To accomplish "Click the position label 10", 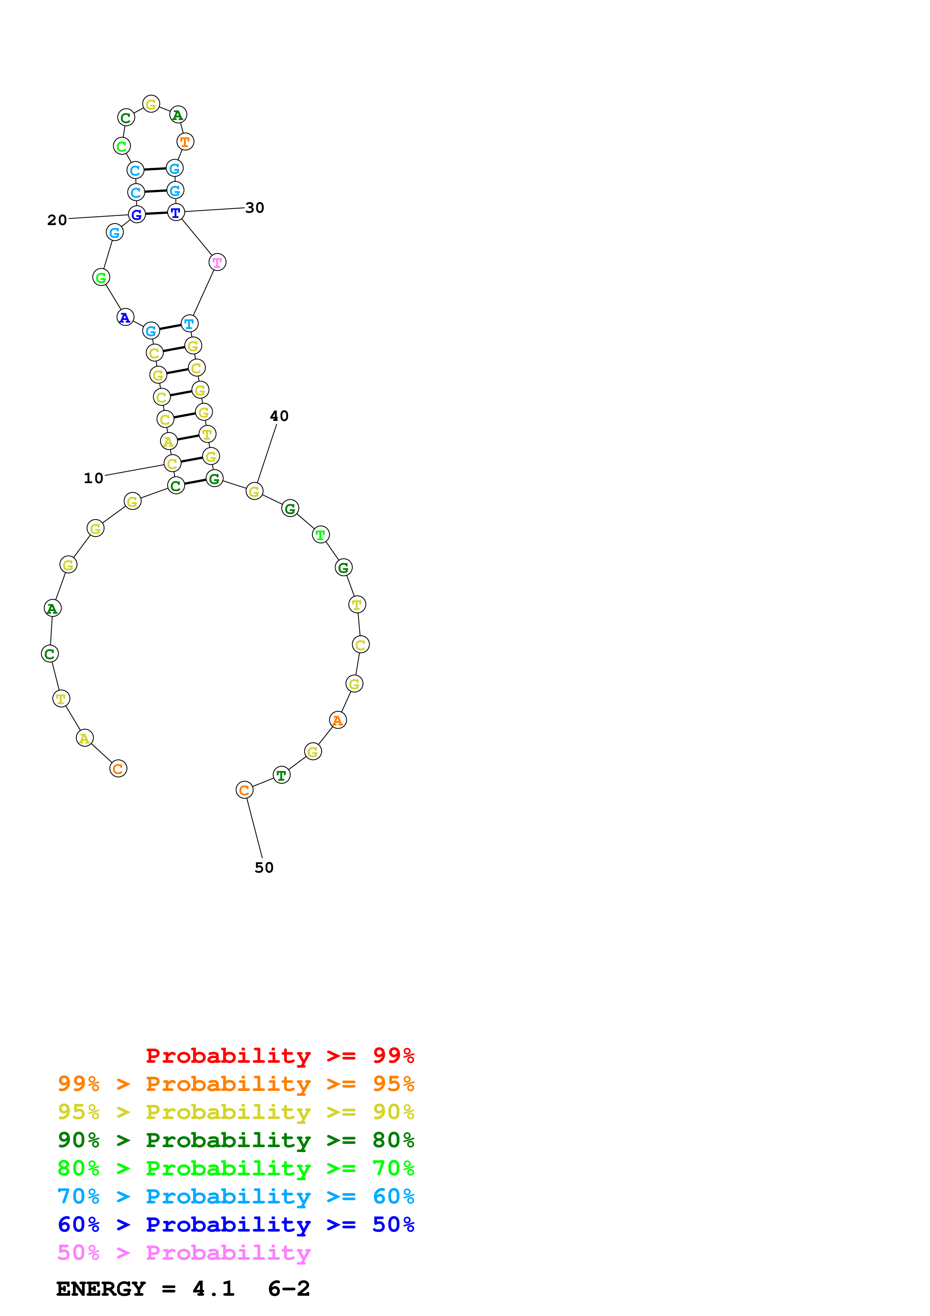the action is tap(93, 478).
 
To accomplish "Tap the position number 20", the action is tap(57, 220).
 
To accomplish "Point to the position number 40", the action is tap(279, 416).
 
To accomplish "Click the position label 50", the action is tap(264, 867).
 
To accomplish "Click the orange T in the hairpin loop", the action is tap(185, 141).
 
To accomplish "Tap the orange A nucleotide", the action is tap(338, 721).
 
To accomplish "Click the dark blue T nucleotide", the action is tap(175, 213).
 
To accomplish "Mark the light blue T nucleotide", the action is tap(189, 324).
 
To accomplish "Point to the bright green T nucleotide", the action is tap(320, 535).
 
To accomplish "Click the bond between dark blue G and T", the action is tap(156, 214).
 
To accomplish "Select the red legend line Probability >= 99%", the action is tap(280, 1055).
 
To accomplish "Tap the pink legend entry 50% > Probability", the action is tap(184, 1252).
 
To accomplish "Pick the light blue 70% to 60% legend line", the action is tap(236, 1196).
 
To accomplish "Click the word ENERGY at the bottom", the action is tap(101, 1289).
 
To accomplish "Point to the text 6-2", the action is tap(289, 1289).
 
